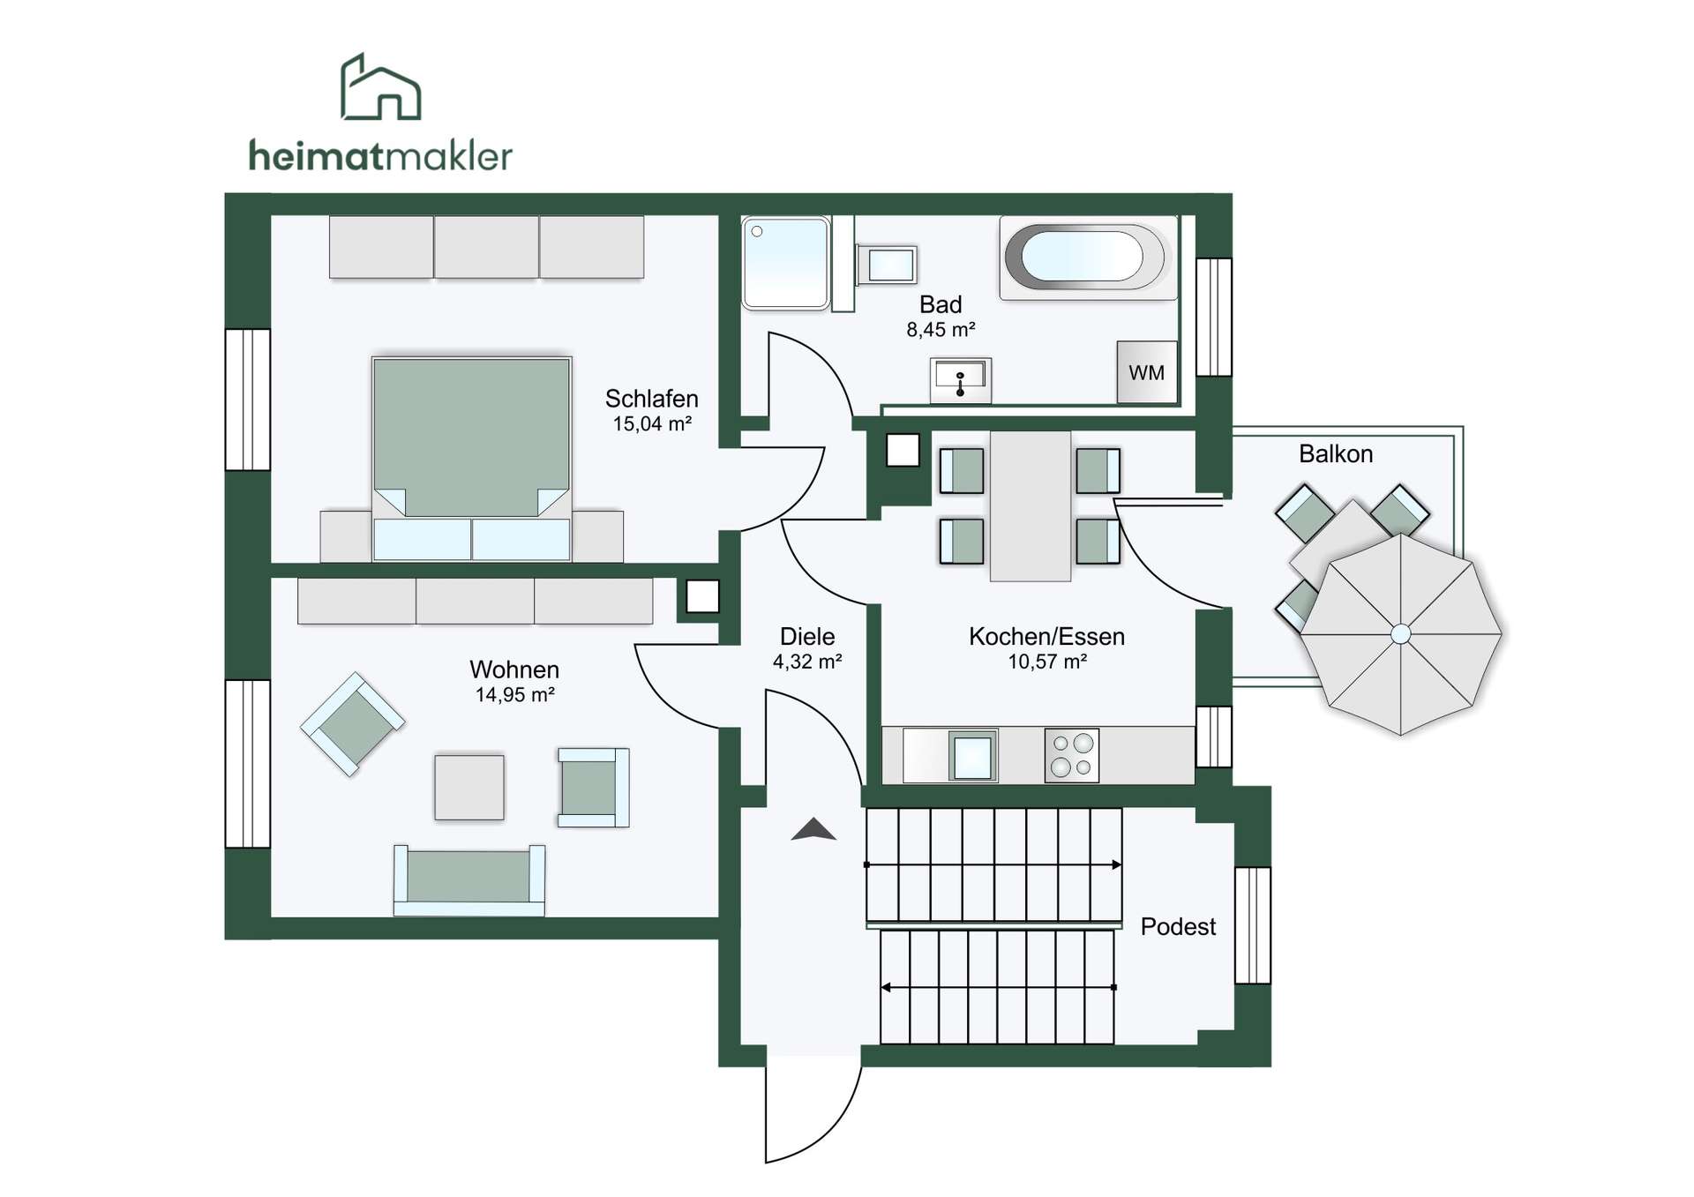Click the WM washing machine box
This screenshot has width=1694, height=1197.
(x=1147, y=372)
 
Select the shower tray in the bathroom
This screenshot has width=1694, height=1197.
(x=785, y=263)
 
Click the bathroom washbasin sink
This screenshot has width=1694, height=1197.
(x=960, y=380)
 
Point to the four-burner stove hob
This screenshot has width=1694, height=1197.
(x=1072, y=755)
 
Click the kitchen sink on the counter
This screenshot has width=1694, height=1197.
(x=973, y=756)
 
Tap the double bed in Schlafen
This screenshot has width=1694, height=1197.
(x=472, y=459)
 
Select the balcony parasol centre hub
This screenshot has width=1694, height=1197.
(x=1400, y=634)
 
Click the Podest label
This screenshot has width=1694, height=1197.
(x=1178, y=926)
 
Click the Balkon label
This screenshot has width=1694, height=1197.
(x=1336, y=454)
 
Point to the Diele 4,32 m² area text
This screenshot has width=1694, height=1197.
(x=807, y=648)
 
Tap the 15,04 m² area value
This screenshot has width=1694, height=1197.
(x=652, y=424)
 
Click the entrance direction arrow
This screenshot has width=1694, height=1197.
(x=813, y=829)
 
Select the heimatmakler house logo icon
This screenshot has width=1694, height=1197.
(x=380, y=86)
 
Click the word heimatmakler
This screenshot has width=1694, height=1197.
(x=380, y=156)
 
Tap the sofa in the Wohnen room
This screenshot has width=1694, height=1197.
(x=469, y=879)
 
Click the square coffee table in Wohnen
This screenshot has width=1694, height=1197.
(x=469, y=787)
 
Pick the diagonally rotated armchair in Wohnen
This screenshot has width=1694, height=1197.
(x=353, y=724)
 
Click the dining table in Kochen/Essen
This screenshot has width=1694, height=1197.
(x=1031, y=505)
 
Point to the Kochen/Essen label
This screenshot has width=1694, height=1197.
(x=1046, y=637)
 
